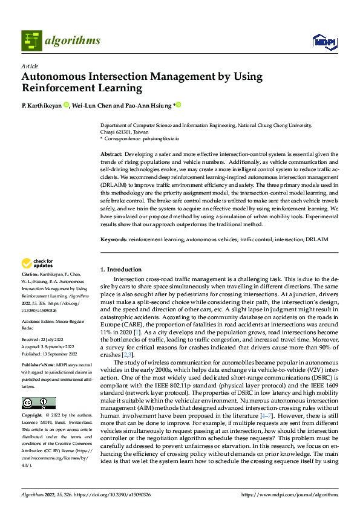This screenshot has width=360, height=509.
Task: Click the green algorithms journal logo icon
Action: click(32, 40)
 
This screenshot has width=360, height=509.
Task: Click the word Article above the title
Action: click(30, 66)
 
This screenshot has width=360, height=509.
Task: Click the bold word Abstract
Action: click(111, 155)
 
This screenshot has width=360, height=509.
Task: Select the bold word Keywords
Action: click(114, 239)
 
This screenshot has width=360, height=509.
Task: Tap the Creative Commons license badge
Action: click(38, 403)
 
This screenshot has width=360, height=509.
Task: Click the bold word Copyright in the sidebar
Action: click(32, 415)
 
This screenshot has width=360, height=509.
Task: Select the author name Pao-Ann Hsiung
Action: click(148, 105)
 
